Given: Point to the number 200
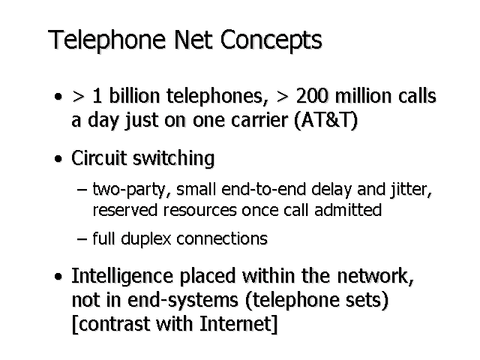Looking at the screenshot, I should point(312,98).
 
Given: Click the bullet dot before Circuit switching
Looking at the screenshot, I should point(58,160).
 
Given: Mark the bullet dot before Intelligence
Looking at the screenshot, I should point(58,278).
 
